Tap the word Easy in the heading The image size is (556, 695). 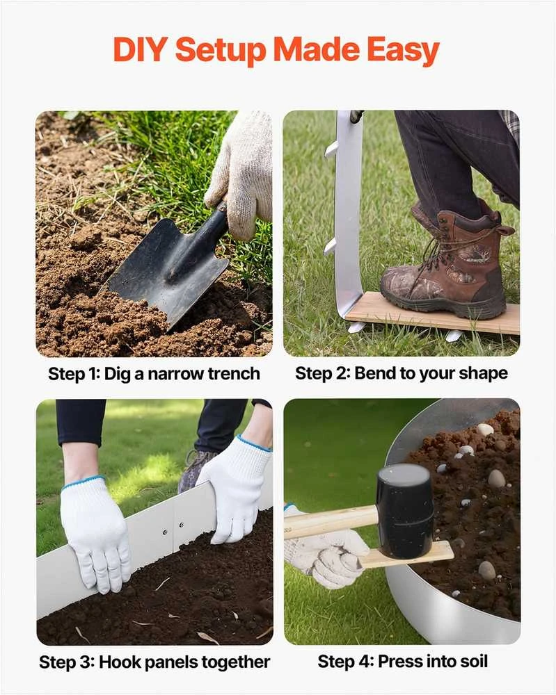coord(403,50)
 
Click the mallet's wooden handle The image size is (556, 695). coord(331,522)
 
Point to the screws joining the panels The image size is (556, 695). coord(173,528)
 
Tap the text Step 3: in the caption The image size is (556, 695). coord(67,662)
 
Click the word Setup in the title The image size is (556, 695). coord(221,50)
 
